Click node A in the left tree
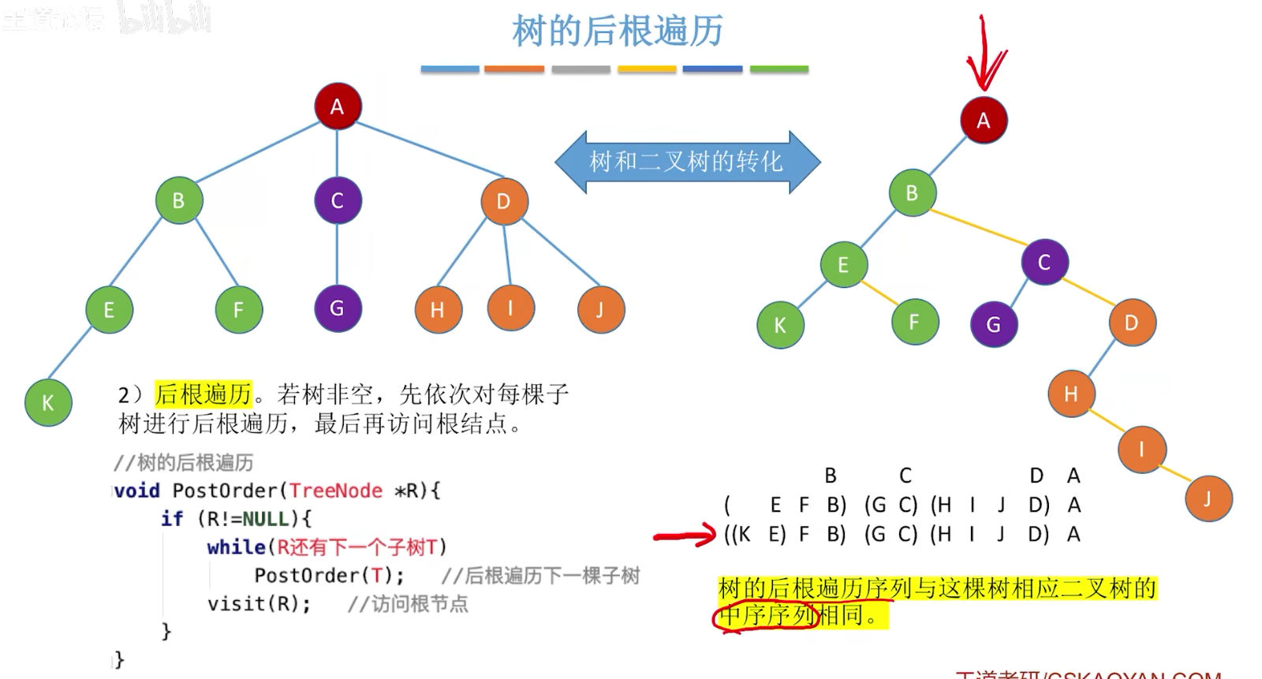coord(338,106)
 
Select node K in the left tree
coord(48,402)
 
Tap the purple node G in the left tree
coord(338,308)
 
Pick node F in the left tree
coord(238,310)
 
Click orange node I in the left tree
coord(510,308)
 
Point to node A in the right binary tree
coord(983,121)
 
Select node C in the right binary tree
coord(1044,263)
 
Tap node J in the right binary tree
coord(1207,498)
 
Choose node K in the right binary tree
coord(780,325)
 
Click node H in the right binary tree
coord(1070,394)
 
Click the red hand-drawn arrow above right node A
coord(985,55)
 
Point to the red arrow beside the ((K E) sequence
coord(685,537)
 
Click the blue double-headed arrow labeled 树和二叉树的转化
coord(687,162)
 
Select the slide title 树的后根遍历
coord(617,32)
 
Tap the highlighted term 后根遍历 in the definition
coord(203,394)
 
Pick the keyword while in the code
coord(236,547)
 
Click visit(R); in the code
coord(259,604)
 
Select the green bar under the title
coord(778,69)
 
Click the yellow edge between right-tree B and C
coord(978,227)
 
